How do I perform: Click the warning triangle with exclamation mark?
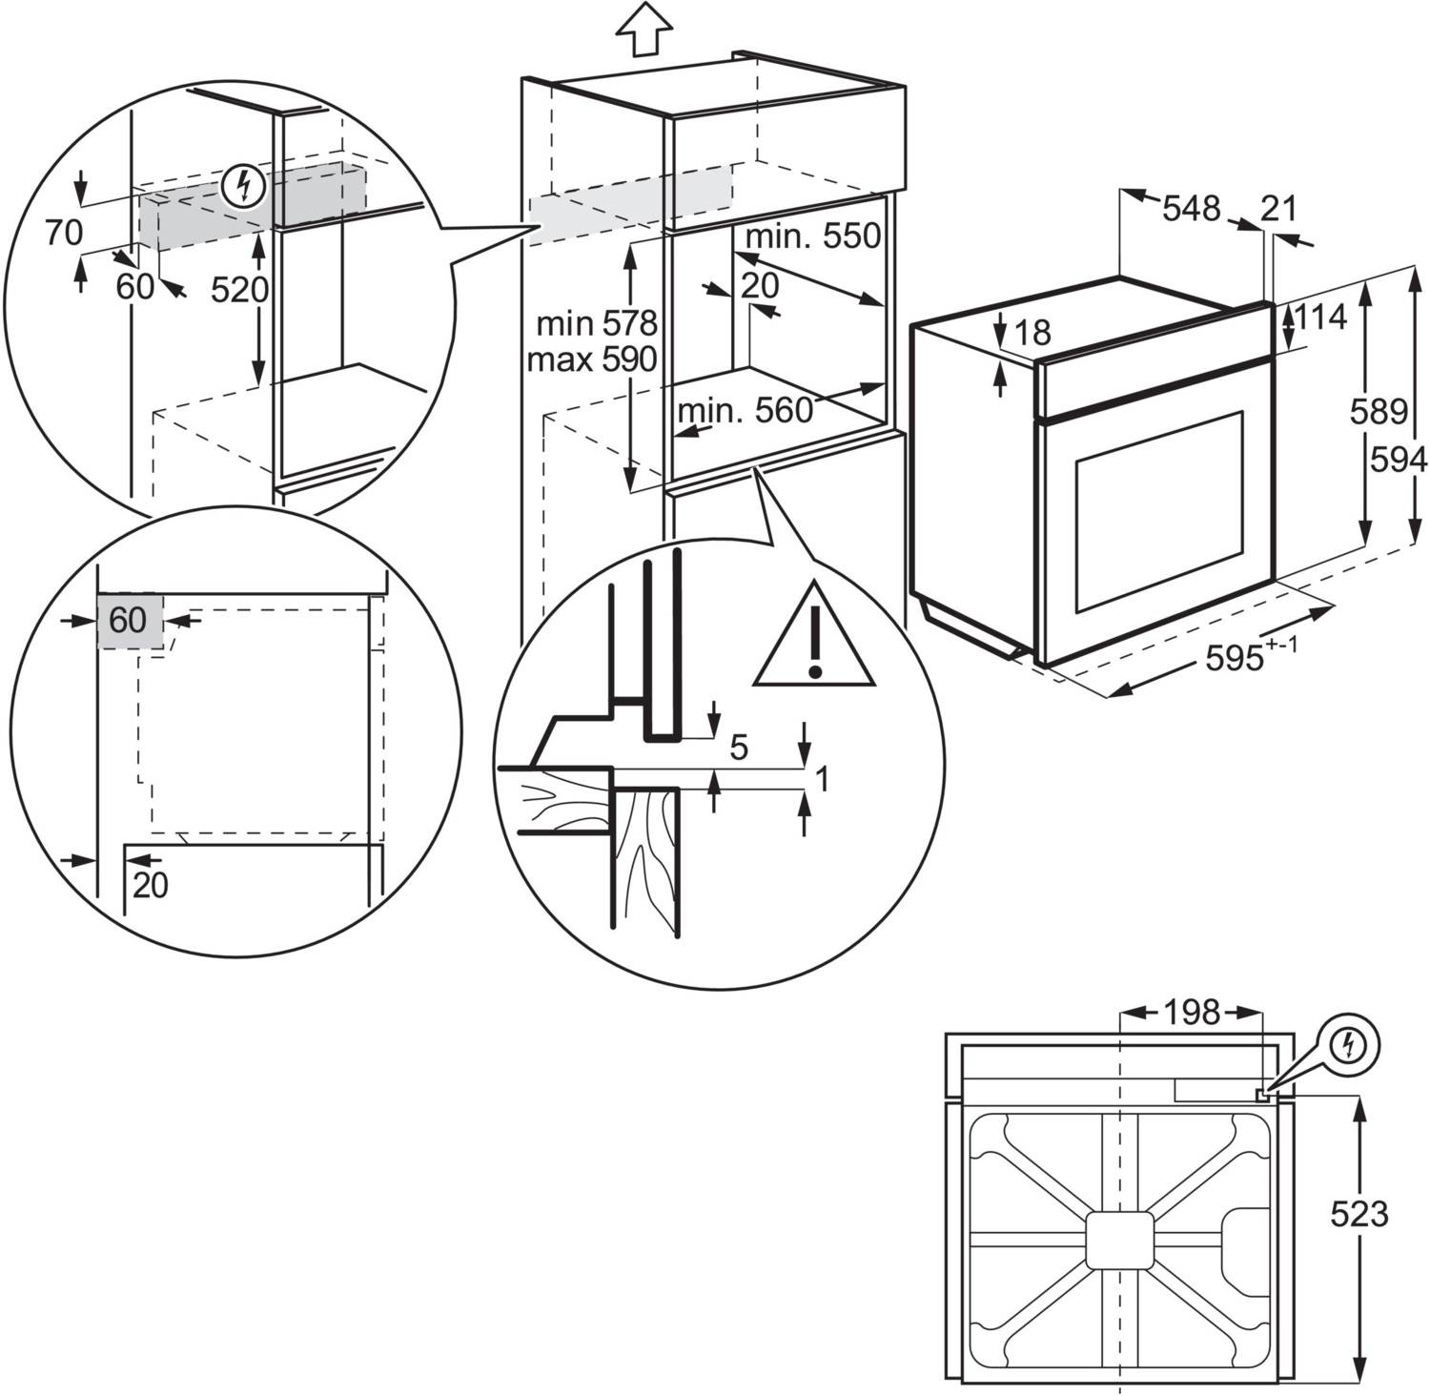point(813,639)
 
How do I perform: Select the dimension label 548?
point(1191,207)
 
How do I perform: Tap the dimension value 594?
point(1399,460)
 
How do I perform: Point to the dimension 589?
point(1379,411)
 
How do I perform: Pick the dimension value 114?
point(1321,316)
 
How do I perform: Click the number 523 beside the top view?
point(1359,1214)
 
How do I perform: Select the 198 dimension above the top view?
point(1190,1012)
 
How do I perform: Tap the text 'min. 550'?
point(813,236)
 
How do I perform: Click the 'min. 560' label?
point(745,411)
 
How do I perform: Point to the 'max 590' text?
point(592,359)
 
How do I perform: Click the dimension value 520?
point(239,289)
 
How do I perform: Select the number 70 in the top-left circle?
point(64,233)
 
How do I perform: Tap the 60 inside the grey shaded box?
point(128,621)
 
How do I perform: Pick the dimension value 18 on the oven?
point(1032,332)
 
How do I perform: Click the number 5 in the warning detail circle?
point(739,749)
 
